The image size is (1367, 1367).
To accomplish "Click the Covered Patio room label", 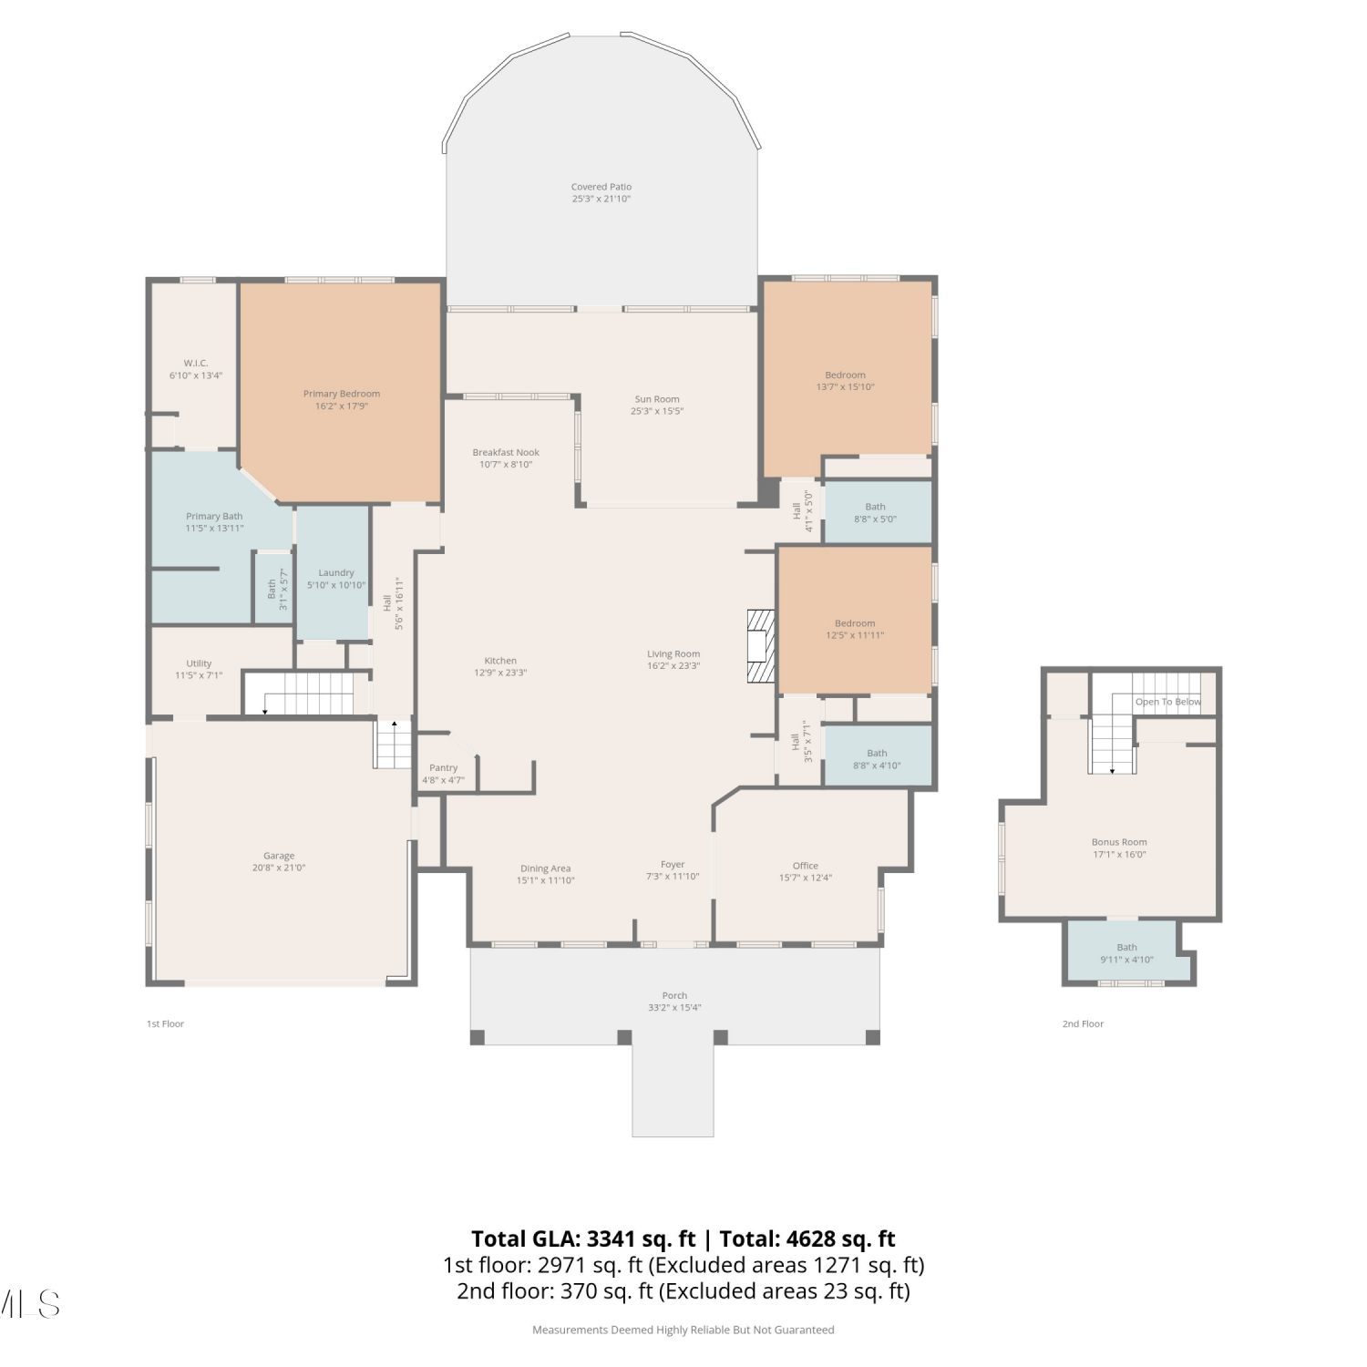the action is pyautogui.click(x=601, y=187).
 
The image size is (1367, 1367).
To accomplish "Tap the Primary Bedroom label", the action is pyautogui.click(x=342, y=394).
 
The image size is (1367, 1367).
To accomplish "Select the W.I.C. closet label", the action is pyautogui.click(x=196, y=363).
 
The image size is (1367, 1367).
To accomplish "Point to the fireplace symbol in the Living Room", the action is pyautogui.click(x=760, y=645).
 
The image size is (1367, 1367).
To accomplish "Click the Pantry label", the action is pyautogui.click(x=444, y=768).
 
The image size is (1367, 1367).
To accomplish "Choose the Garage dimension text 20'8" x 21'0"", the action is pyautogui.click(x=279, y=868).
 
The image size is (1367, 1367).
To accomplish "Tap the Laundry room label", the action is pyautogui.click(x=336, y=573).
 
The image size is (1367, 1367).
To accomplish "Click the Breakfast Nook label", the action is pyautogui.click(x=506, y=452).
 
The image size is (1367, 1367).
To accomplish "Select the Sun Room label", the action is pyautogui.click(x=657, y=399).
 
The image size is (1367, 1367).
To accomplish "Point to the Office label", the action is pyautogui.click(x=806, y=866).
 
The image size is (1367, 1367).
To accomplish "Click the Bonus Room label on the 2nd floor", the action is pyautogui.click(x=1119, y=842).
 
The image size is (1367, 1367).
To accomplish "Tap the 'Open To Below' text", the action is pyautogui.click(x=1168, y=702).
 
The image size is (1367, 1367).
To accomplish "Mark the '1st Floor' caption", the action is pyautogui.click(x=165, y=1023).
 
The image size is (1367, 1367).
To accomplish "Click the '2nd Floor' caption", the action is pyautogui.click(x=1083, y=1023).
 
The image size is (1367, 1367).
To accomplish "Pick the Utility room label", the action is pyautogui.click(x=199, y=663).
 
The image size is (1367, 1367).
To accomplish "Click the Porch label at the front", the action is pyautogui.click(x=675, y=995).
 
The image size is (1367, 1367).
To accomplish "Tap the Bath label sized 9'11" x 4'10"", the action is pyautogui.click(x=1127, y=947).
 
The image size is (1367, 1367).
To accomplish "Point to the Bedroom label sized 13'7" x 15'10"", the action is pyautogui.click(x=846, y=375).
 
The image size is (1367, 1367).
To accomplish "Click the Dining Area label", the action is pyautogui.click(x=546, y=869).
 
